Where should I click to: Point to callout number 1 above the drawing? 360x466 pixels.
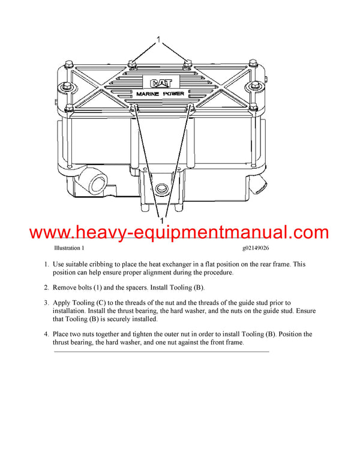pos(159,41)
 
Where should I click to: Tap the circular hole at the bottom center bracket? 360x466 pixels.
pos(160,190)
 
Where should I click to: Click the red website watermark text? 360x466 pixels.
pos(179,232)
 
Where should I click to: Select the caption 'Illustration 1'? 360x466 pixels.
pos(69,247)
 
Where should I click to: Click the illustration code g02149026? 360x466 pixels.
pos(255,247)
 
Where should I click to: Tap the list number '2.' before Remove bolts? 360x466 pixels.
pos(46,287)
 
